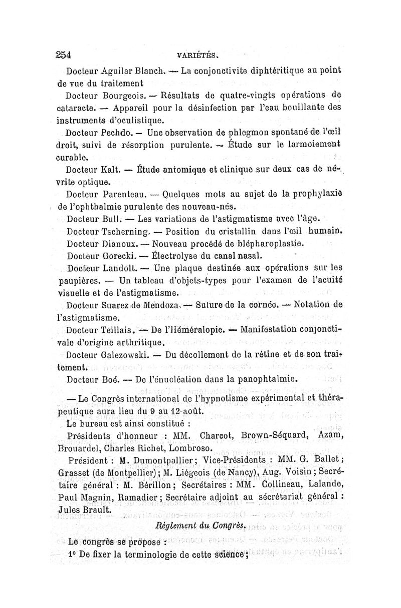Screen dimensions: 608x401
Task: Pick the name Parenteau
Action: [125, 194]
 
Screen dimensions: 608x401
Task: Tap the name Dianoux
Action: [123, 244]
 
